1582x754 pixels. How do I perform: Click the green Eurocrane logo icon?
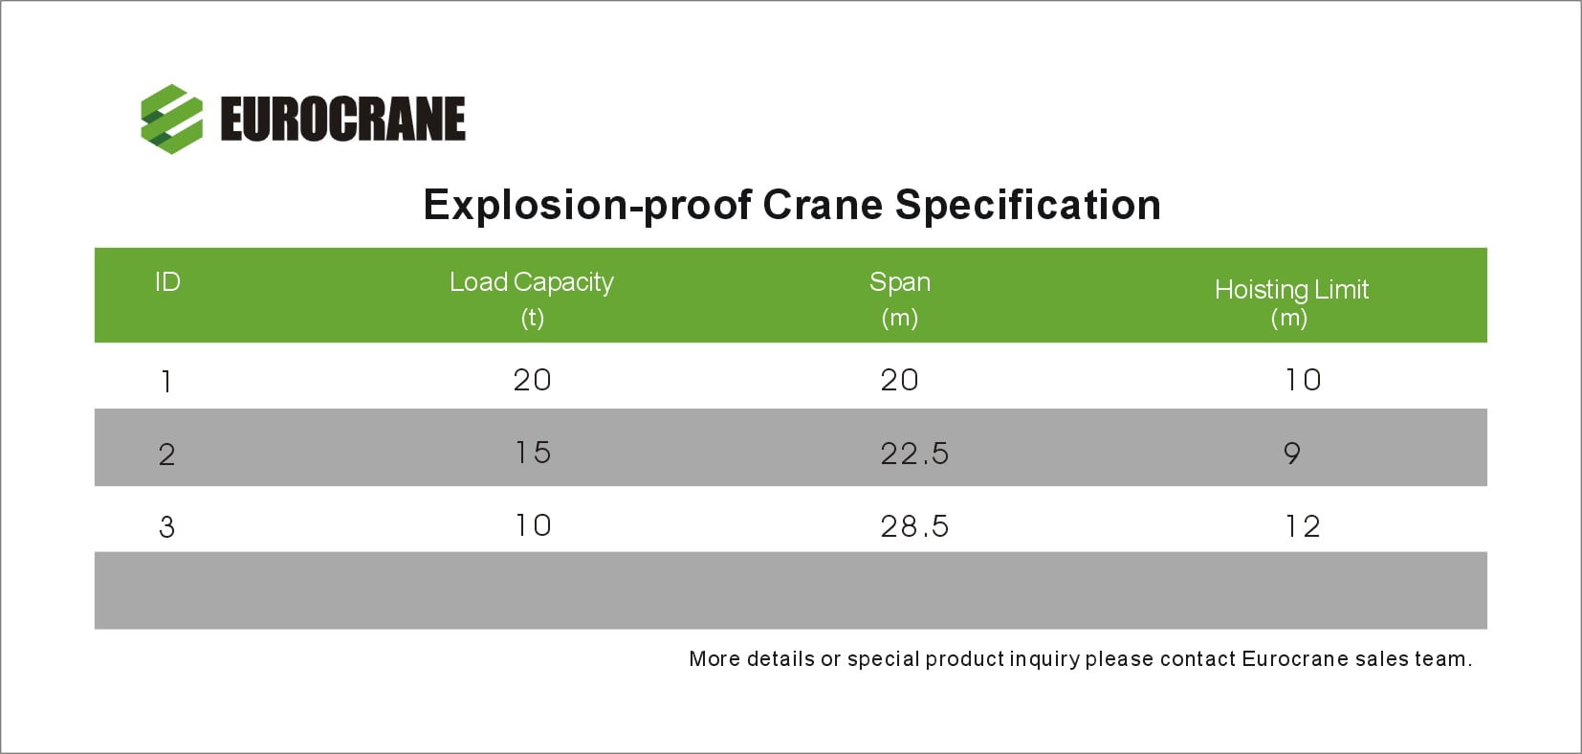[171, 119]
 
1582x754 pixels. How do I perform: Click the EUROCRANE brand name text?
[343, 119]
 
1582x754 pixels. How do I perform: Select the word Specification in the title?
[1028, 206]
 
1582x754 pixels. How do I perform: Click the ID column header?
[167, 282]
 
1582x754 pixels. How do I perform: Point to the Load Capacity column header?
[532, 299]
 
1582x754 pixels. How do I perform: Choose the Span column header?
[900, 299]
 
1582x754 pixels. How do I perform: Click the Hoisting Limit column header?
[1292, 303]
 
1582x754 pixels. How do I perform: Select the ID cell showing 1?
[166, 382]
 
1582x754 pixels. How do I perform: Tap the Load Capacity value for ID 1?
[532, 380]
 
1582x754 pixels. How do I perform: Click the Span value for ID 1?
[899, 380]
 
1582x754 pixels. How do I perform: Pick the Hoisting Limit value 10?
[1303, 380]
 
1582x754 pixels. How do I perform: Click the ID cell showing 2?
[166, 455]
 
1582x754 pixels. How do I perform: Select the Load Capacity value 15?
[533, 453]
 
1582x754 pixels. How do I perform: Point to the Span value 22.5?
[914, 454]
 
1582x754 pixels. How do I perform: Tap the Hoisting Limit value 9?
[1292, 454]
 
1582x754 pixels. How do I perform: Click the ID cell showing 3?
[166, 527]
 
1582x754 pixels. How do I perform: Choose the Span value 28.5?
[914, 526]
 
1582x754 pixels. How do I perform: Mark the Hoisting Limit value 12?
[1303, 526]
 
